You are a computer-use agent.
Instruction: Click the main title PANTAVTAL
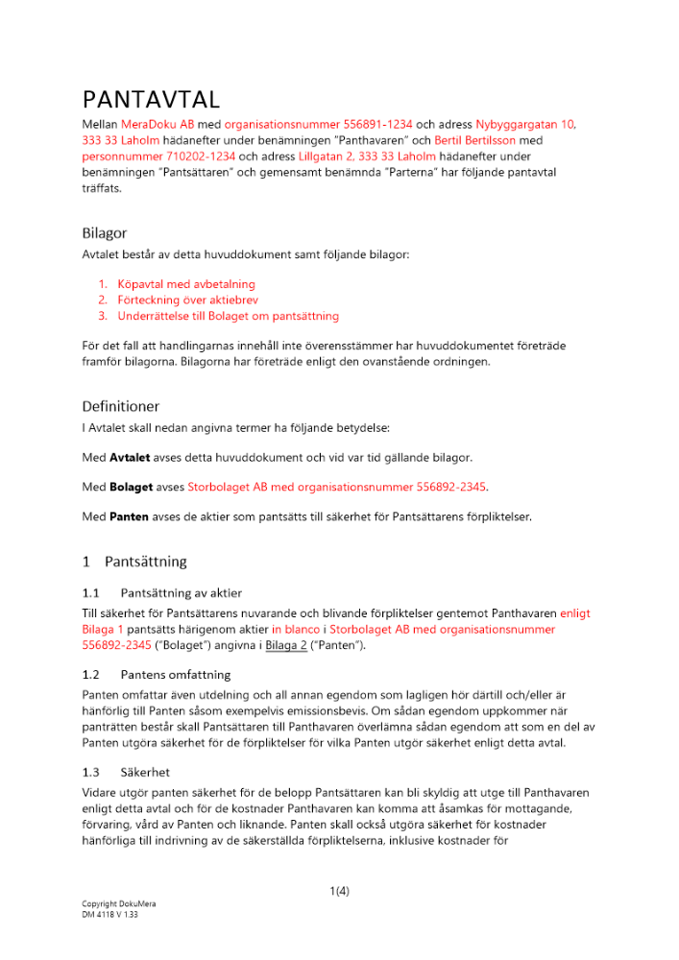152,99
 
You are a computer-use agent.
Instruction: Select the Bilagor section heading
104,232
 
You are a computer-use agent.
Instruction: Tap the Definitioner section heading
120,406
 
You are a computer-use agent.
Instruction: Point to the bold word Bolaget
133,487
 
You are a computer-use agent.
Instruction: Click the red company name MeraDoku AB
158,125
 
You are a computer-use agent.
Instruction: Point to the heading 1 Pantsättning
134,562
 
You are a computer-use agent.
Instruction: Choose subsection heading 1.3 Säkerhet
130,772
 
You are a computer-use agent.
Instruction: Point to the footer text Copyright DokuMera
118,903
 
